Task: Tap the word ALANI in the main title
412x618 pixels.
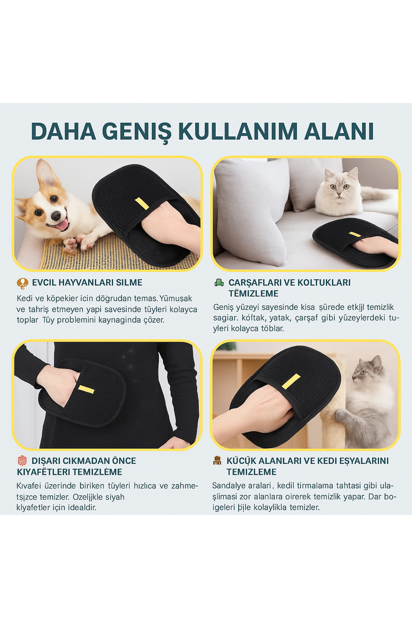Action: click(x=339, y=131)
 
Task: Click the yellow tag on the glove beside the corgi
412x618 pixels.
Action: click(x=141, y=203)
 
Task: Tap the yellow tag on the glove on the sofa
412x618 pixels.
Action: click(x=354, y=234)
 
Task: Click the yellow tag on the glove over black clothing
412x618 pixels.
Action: click(x=86, y=389)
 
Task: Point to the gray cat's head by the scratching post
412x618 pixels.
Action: click(x=367, y=370)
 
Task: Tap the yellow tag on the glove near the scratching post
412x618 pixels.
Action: click(x=291, y=381)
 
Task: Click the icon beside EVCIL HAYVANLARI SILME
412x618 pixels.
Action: click(x=23, y=283)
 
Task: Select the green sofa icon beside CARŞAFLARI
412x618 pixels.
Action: click(x=219, y=283)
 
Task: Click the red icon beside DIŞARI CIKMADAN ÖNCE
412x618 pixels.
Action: click(x=22, y=461)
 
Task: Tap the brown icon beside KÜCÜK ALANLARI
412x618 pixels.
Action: click(x=217, y=461)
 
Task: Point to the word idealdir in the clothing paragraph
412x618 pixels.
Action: click(x=82, y=507)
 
